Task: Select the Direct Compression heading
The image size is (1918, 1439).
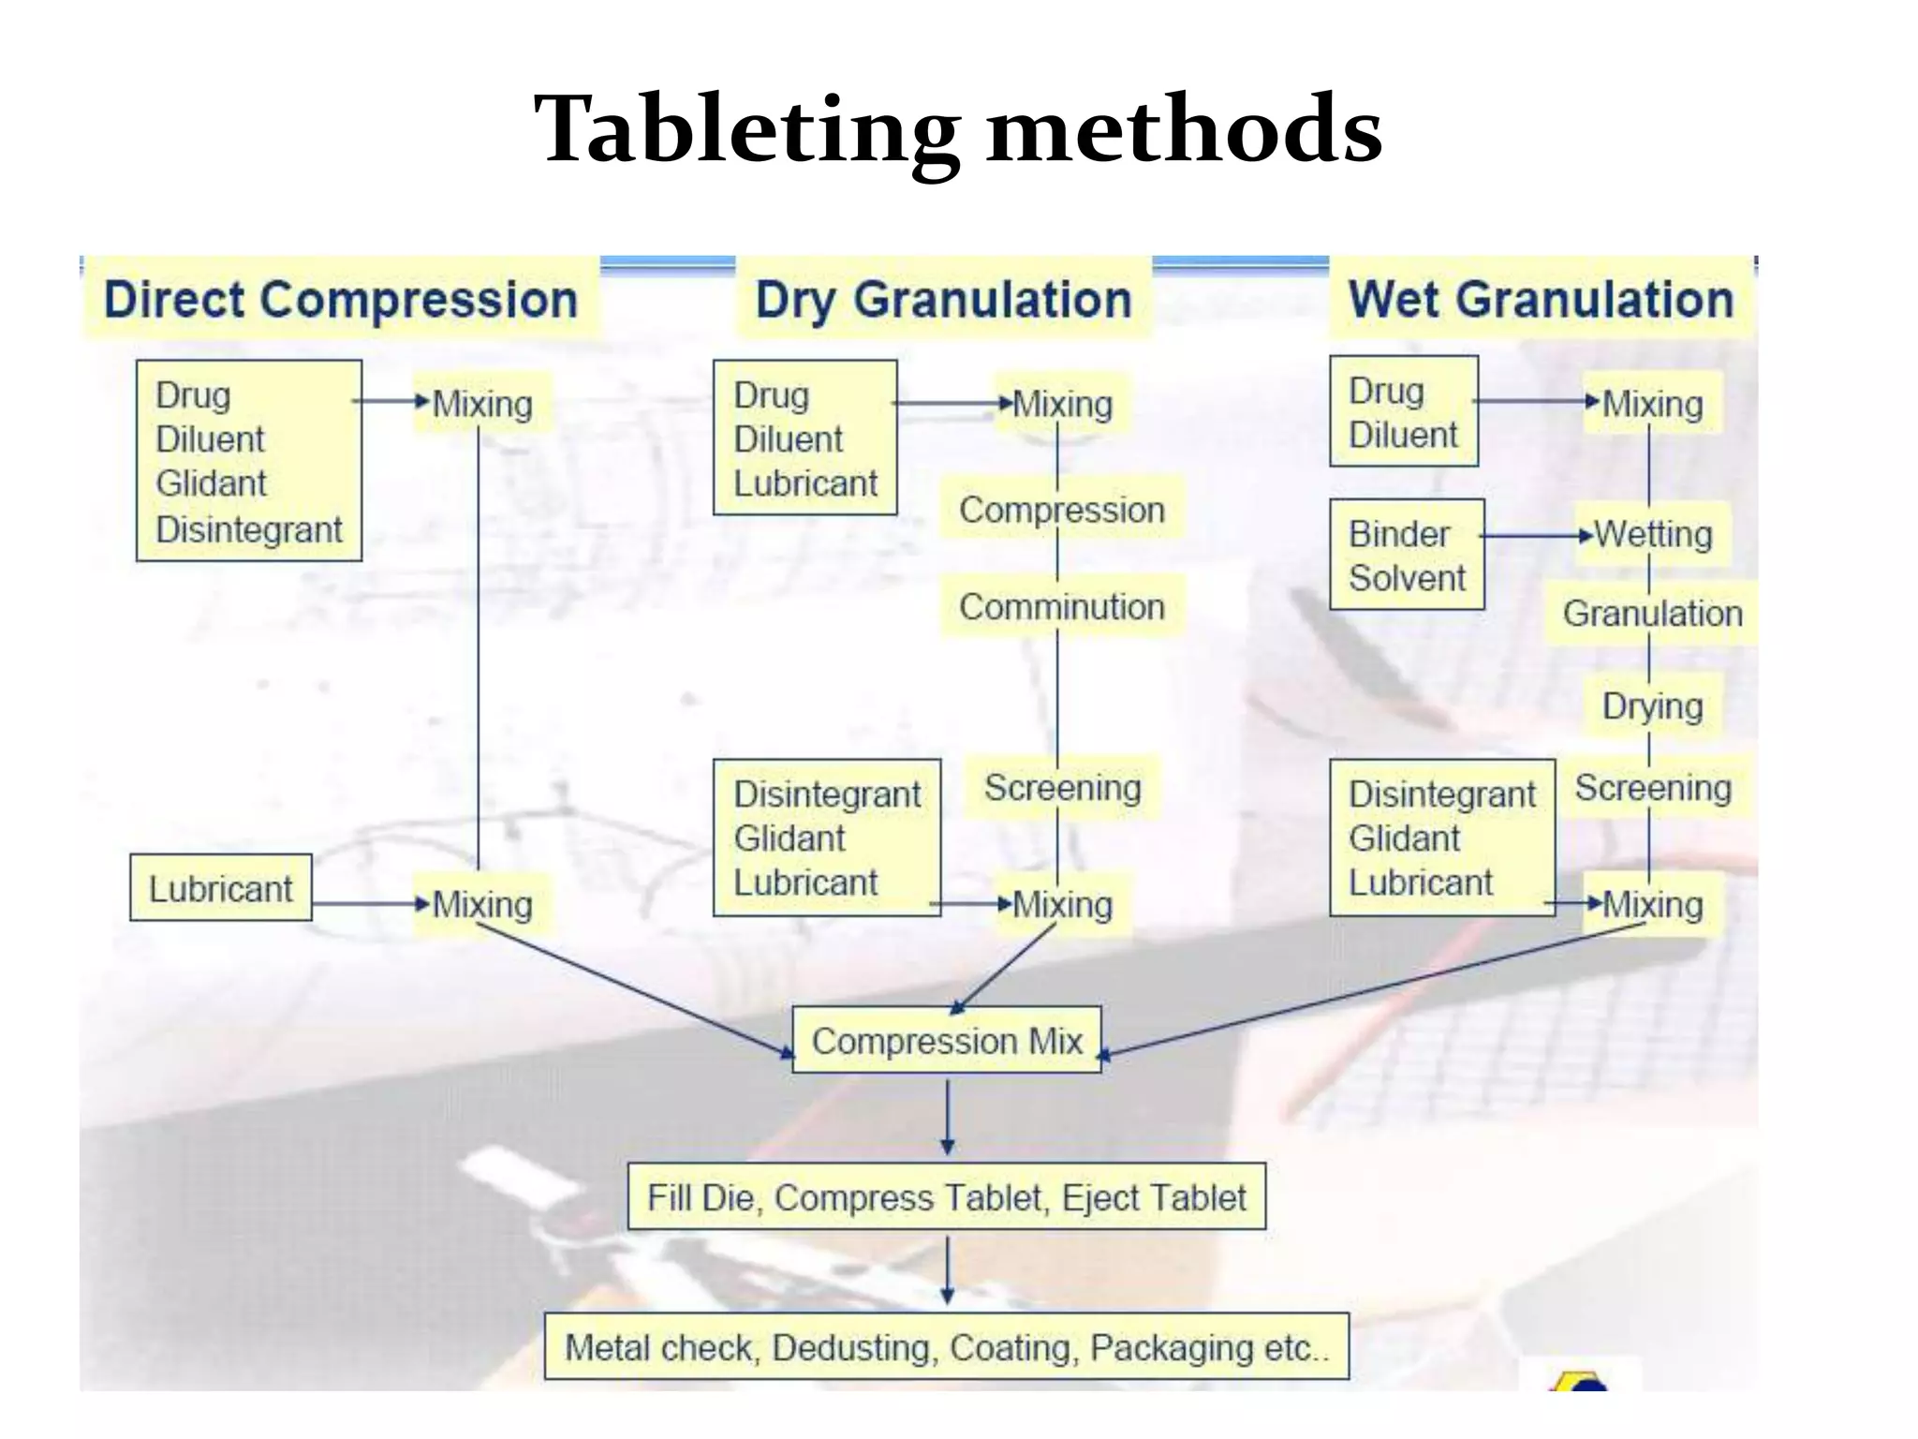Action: (x=341, y=300)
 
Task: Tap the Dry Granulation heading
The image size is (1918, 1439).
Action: (x=944, y=300)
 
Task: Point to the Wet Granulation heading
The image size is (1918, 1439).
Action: (x=1541, y=300)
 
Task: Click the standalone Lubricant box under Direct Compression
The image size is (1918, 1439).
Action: (x=221, y=888)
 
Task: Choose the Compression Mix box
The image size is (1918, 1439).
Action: (x=947, y=1041)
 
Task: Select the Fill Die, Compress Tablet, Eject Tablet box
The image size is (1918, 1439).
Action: (x=947, y=1197)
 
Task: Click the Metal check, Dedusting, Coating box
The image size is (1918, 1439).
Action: (x=947, y=1347)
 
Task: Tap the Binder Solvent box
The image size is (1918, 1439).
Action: (x=1407, y=556)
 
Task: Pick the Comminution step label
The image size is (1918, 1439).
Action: (x=1062, y=607)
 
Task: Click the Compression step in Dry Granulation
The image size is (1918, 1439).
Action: (x=1062, y=511)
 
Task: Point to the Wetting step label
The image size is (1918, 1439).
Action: (x=1654, y=535)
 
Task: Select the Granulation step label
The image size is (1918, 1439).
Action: (x=1652, y=614)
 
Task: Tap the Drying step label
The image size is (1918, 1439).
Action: (x=1653, y=706)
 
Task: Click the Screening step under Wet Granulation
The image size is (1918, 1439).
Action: (x=1653, y=788)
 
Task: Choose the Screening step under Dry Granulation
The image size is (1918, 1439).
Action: (x=1063, y=788)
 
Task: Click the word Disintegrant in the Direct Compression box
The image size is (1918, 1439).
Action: (x=249, y=530)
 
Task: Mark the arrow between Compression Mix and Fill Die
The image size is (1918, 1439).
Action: (x=948, y=1117)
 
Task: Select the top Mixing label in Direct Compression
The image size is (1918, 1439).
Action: (x=482, y=405)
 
